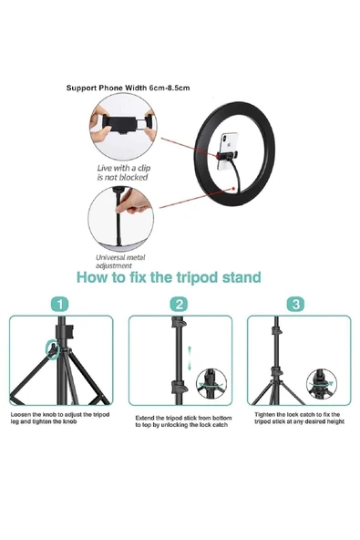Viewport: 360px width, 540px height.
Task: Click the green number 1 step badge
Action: tap(61, 304)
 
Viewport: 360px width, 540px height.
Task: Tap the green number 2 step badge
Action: tap(180, 304)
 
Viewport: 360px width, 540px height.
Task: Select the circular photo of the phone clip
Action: tap(122, 128)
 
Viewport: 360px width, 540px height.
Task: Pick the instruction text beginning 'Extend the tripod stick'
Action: tap(182, 421)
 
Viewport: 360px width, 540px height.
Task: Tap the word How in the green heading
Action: tap(94, 277)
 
